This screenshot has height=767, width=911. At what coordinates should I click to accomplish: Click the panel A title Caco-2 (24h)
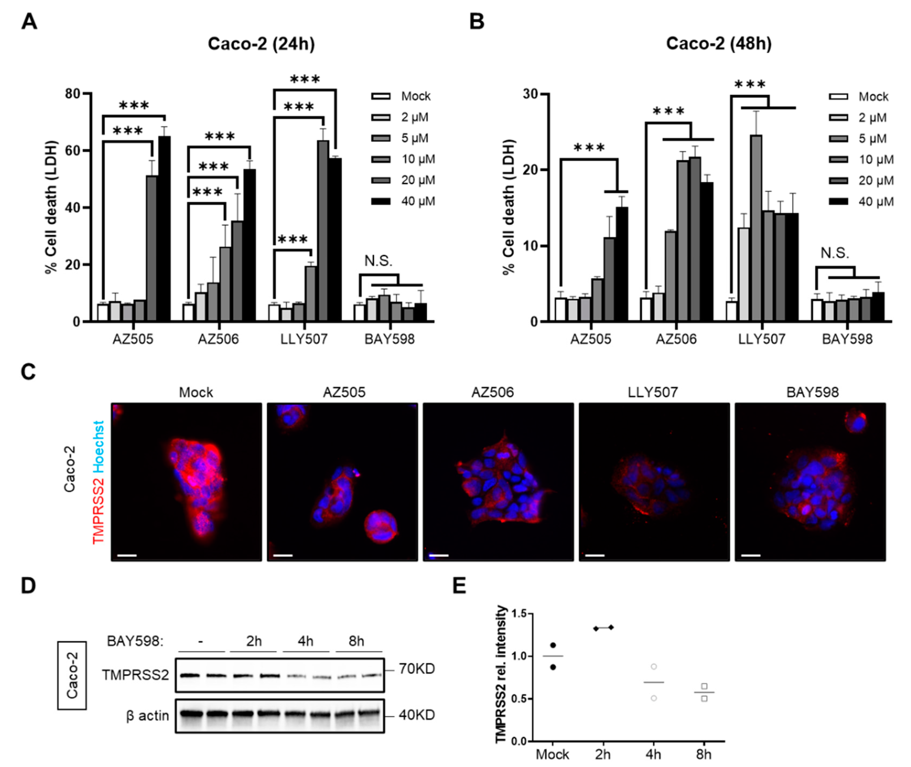coord(261,44)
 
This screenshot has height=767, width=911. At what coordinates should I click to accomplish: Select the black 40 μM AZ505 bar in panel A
coord(164,228)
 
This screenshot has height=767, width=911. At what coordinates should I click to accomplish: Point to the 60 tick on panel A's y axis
coord(73,151)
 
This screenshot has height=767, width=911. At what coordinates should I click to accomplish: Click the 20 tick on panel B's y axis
coord(530,170)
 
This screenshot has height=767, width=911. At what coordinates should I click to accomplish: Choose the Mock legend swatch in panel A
coord(381,96)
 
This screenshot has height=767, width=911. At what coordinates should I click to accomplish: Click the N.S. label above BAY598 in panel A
coord(378,261)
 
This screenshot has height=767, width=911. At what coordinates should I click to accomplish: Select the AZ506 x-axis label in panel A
coord(218,339)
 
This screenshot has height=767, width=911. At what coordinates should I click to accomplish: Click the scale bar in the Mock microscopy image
coord(127,555)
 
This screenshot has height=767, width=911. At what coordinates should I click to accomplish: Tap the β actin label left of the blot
coord(147,715)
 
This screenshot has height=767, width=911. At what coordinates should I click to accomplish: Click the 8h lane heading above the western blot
coord(357,641)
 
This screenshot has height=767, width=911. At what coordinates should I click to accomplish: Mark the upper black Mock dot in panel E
coord(553,645)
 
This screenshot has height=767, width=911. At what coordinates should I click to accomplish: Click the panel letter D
coord(29,586)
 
